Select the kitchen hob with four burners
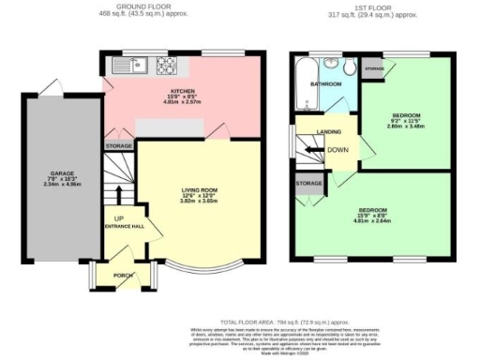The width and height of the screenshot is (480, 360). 167,66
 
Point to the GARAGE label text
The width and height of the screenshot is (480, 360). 62,174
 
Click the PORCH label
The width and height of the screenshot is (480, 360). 122,276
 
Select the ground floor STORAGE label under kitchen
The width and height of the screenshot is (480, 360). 118,147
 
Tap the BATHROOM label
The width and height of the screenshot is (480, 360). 325,84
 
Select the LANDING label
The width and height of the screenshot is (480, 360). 329,131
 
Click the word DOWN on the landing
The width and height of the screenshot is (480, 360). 337,149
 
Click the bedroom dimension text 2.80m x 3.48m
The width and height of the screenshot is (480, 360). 406,127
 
